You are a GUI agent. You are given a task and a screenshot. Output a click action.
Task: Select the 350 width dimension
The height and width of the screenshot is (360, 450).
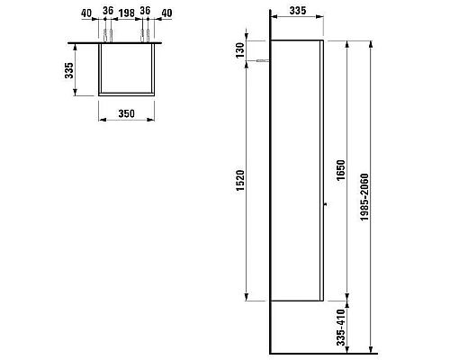tap(126, 114)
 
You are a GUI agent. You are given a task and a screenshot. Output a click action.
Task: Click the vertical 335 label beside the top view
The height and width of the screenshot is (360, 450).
tap(69, 70)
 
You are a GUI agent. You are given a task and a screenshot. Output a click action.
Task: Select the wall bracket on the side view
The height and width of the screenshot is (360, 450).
tap(263, 61)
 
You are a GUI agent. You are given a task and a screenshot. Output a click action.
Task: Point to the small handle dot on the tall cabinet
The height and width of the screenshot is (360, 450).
tap(326, 205)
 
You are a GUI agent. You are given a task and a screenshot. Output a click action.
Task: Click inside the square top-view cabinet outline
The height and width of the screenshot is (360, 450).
tap(126, 68)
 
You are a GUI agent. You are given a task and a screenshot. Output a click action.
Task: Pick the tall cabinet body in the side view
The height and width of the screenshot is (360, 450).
tap(297, 171)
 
